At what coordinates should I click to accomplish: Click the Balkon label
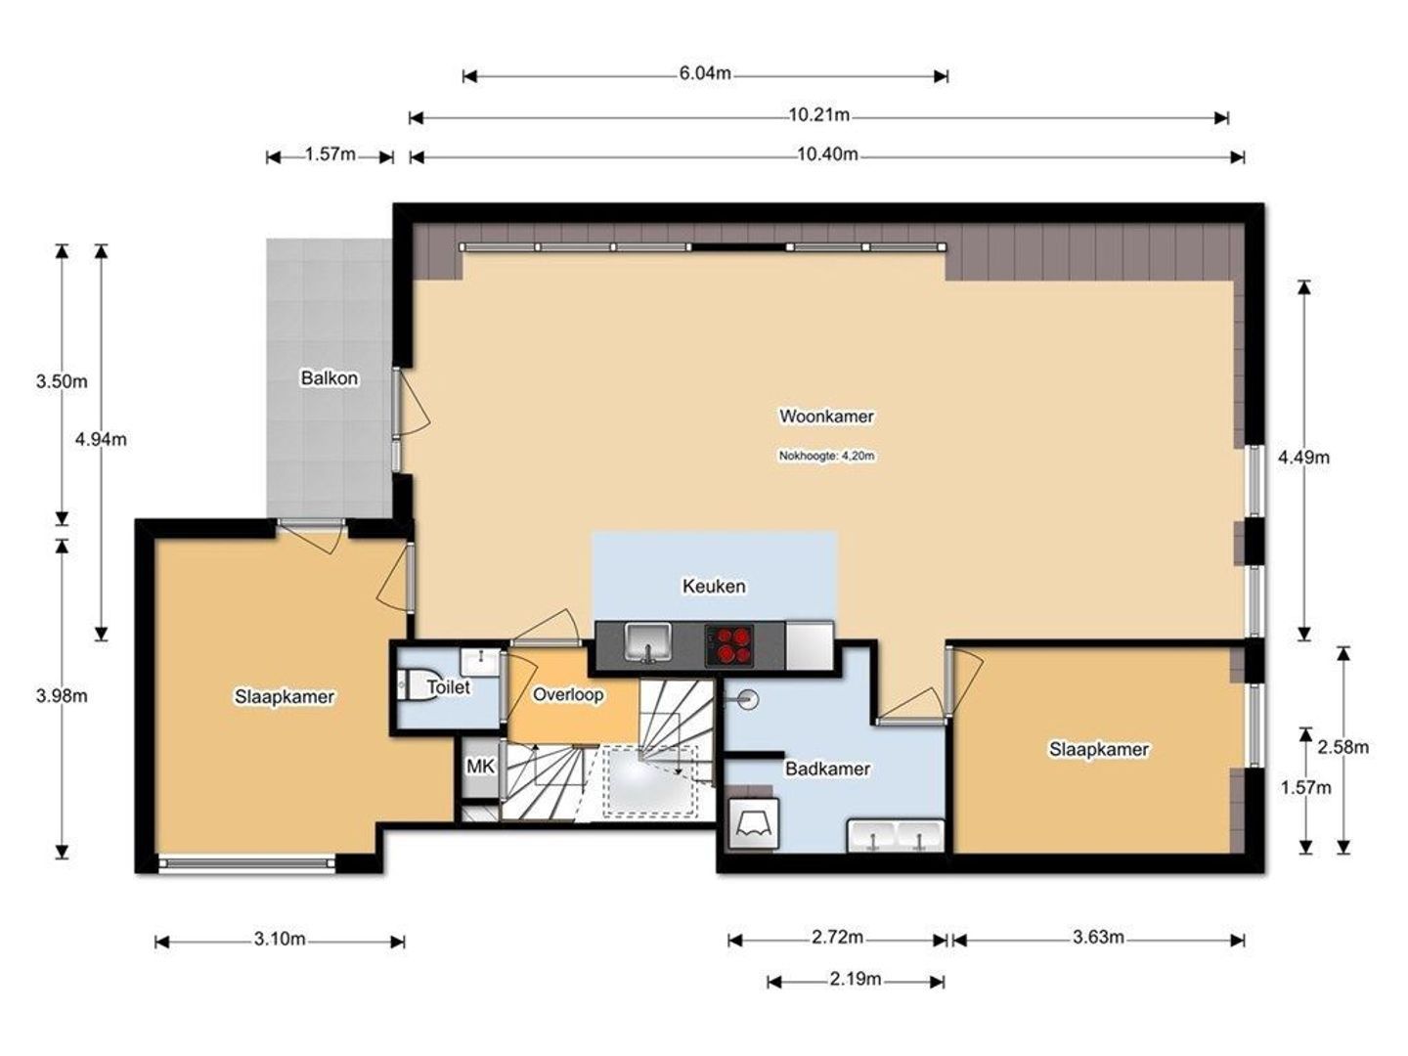pyautogui.click(x=330, y=377)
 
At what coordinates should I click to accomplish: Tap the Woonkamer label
pyautogui.click(x=826, y=417)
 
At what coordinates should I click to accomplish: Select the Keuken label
pyautogui.click(x=714, y=586)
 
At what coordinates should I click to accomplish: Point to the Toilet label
pyautogui.click(x=449, y=686)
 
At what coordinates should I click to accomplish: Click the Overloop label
pyautogui.click(x=568, y=695)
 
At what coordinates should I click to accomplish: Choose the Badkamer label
pyautogui.click(x=827, y=769)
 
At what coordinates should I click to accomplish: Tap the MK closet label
pyautogui.click(x=480, y=766)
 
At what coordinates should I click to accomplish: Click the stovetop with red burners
pyautogui.click(x=729, y=644)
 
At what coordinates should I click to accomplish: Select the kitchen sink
pyautogui.click(x=648, y=641)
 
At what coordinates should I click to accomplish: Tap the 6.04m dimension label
pyautogui.click(x=705, y=73)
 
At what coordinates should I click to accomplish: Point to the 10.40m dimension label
pyautogui.click(x=827, y=154)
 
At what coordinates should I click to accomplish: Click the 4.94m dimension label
pyautogui.click(x=101, y=439)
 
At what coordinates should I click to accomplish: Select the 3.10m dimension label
pyautogui.click(x=280, y=939)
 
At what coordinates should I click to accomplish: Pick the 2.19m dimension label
pyautogui.click(x=856, y=979)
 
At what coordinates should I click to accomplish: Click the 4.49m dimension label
pyautogui.click(x=1303, y=458)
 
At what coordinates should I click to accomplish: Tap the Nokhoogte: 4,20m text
pyautogui.click(x=827, y=456)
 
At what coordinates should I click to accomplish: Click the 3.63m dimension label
pyautogui.click(x=1098, y=938)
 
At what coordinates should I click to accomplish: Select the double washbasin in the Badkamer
pyautogui.click(x=896, y=835)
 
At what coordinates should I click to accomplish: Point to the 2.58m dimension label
pyautogui.click(x=1343, y=747)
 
